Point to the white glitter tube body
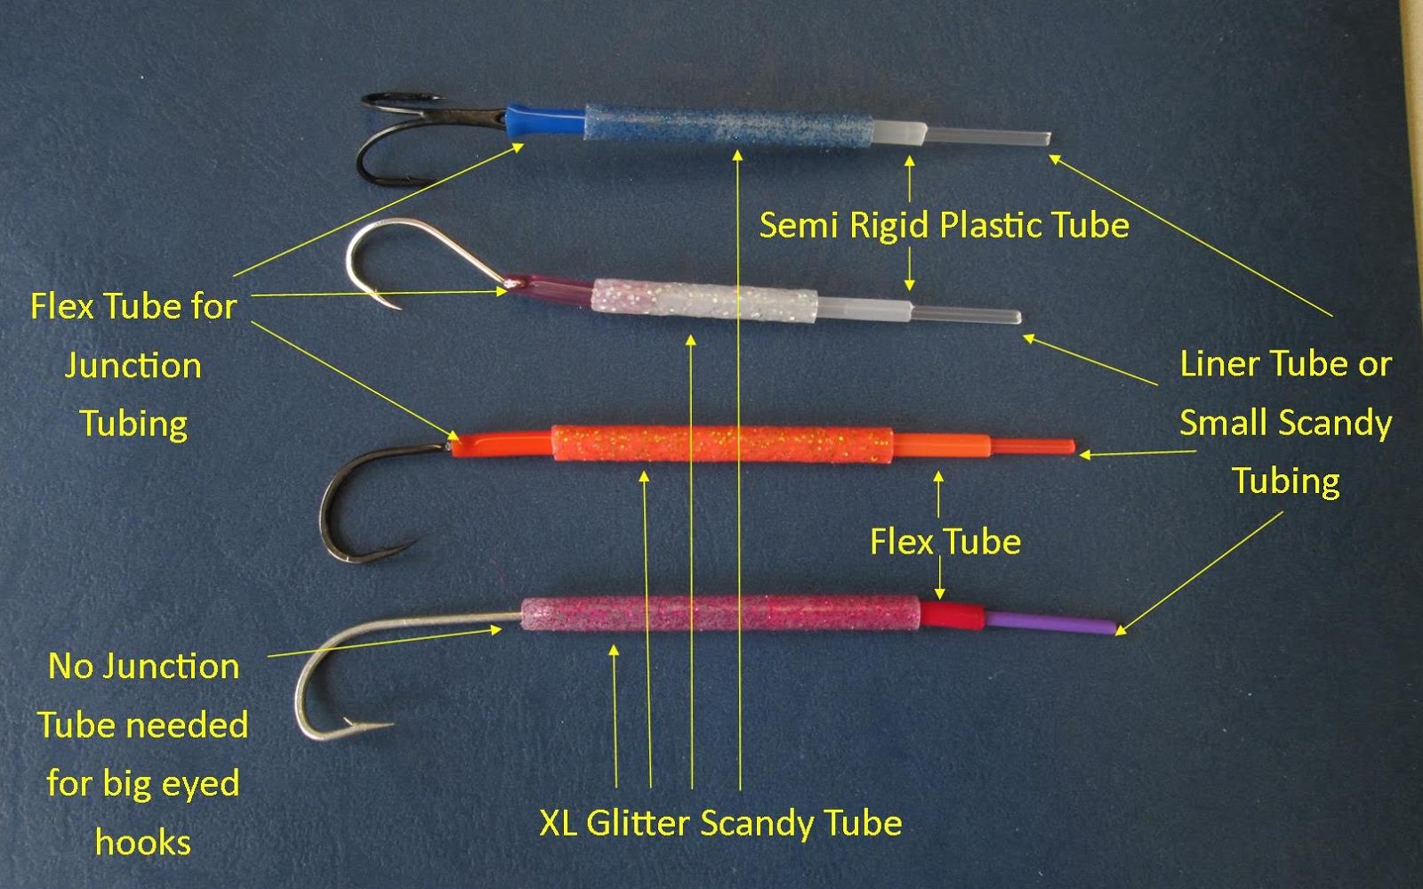point(703,300)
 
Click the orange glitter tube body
point(720,443)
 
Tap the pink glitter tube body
point(720,614)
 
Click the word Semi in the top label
point(798,225)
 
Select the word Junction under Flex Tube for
point(133,366)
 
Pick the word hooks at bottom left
point(142,842)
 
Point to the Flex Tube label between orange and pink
point(945,541)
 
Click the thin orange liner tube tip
point(1032,445)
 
